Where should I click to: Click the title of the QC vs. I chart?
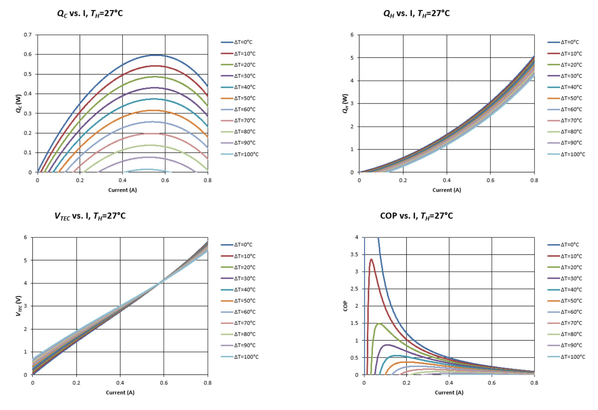click(90, 13)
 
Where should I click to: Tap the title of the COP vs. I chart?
click(416, 216)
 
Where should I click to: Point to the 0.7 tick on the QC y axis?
click(28, 35)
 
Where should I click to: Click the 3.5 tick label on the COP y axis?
click(354, 255)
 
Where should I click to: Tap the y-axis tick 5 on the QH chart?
click(352, 58)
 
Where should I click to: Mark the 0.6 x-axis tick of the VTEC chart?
click(164, 383)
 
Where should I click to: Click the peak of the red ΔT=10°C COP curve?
click(371, 259)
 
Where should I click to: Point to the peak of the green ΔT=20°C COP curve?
click(379, 324)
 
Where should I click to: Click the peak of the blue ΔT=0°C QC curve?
click(156, 55)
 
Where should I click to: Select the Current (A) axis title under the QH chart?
click(447, 190)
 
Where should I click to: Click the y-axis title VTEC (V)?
click(18, 306)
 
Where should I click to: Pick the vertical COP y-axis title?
click(345, 306)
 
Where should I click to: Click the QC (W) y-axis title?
click(18, 104)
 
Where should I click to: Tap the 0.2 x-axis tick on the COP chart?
click(407, 383)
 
